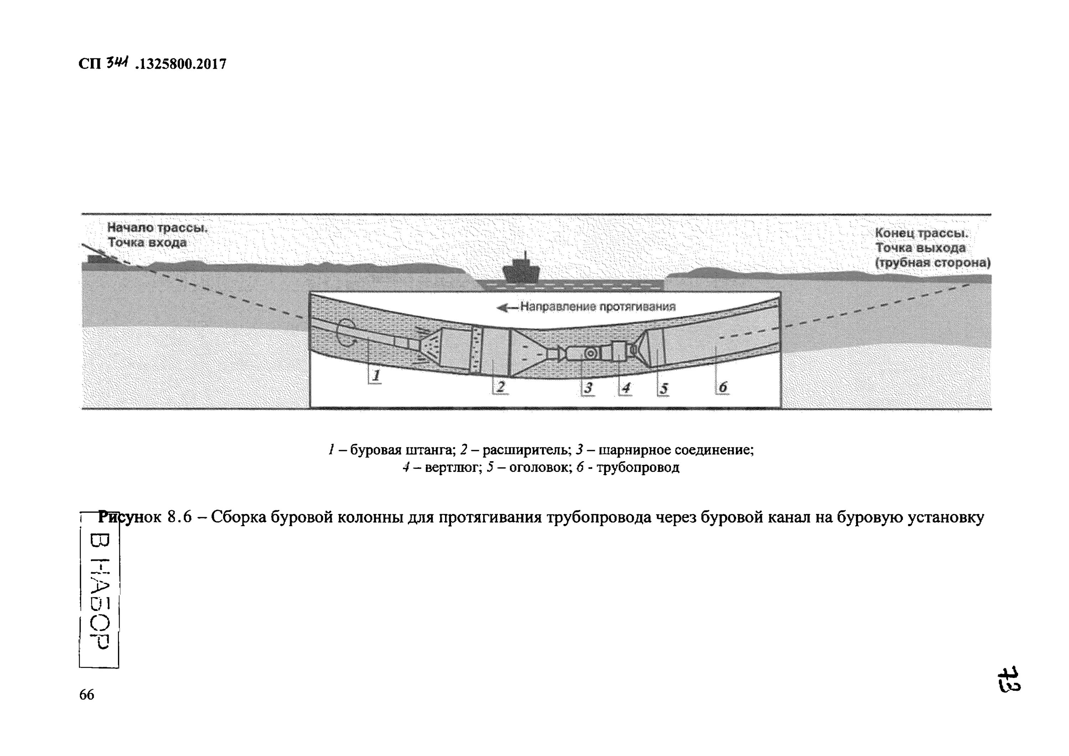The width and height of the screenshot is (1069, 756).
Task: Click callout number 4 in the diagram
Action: [x=626, y=388]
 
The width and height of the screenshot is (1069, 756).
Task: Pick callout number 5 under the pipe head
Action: [x=664, y=389]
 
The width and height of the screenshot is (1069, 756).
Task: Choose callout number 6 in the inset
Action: [x=723, y=387]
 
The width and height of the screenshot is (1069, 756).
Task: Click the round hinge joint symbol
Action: [x=590, y=353]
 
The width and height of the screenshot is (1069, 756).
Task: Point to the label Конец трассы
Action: [x=921, y=233]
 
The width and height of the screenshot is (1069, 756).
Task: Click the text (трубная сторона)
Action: [x=933, y=263]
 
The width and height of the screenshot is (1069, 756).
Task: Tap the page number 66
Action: [x=87, y=695]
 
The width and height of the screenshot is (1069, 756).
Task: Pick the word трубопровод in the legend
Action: [x=638, y=468]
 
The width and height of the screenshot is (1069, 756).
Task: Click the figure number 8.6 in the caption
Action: [x=179, y=518]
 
